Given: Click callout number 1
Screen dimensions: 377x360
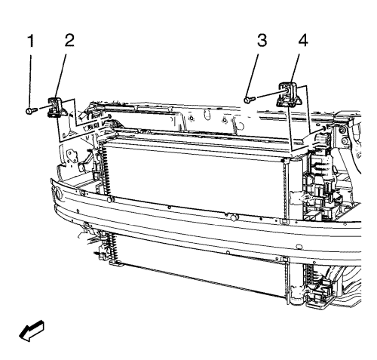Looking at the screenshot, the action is tap(31, 41).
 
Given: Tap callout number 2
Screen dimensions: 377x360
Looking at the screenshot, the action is tap(69, 41).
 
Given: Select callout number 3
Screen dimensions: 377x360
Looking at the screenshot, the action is tap(262, 41).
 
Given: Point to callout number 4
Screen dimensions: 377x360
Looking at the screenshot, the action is tap(303, 41).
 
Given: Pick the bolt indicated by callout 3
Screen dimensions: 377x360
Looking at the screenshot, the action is tap(249, 100).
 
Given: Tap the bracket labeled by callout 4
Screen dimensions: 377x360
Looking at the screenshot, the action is tap(289, 94).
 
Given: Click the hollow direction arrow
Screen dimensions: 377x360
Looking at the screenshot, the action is tap(32, 331).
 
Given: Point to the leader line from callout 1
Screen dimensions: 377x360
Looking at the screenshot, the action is tap(30, 81).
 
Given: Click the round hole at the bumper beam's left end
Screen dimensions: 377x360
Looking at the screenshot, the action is tap(59, 194).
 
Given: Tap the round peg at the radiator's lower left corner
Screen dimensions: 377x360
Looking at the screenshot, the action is tap(110, 199).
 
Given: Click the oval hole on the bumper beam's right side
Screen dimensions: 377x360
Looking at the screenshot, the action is tap(299, 246).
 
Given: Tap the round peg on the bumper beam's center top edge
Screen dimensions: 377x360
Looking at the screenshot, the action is tap(234, 217).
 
